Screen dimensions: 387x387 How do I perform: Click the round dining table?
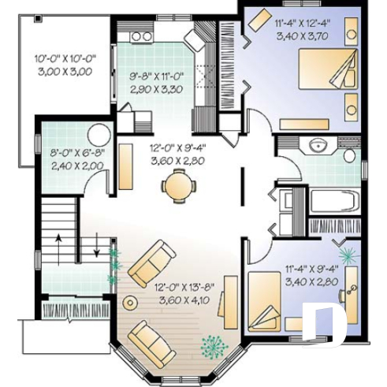[175, 186]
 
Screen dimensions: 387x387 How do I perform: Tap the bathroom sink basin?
[320, 145]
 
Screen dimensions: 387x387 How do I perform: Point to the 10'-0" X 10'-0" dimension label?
[64, 58]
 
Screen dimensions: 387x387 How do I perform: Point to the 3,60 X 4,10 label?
[188, 300]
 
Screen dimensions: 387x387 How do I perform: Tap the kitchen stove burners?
[140, 35]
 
